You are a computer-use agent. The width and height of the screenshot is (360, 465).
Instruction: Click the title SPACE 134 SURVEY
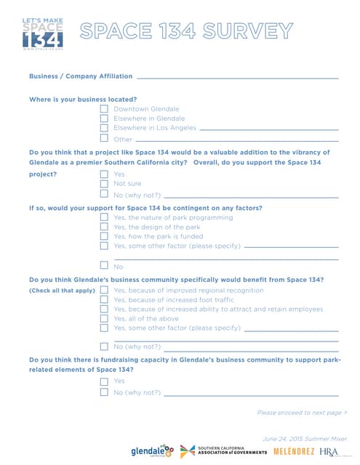(x=186, y=31)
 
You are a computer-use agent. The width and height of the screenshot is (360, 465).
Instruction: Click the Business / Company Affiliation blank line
(x=237, y=77)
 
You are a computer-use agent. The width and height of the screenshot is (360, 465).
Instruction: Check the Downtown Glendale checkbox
(x=104, y=109)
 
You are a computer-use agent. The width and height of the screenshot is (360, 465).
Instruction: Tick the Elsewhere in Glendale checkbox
(x=104, y=118)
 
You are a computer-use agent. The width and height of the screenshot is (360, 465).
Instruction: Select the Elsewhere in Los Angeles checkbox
(x=104, y=128)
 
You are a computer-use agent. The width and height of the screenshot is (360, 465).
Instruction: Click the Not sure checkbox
(x=104, y=184)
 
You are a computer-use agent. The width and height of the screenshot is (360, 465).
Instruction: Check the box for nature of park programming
(x=104, y=217)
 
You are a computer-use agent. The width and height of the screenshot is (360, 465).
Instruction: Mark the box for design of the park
(x=104, y=227)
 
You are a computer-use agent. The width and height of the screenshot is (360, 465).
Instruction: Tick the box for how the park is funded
(x=104, y=236)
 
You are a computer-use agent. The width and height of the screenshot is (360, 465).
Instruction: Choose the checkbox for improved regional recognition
(x=104, y=290)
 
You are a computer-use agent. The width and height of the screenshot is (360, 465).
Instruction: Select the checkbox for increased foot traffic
(x=104, y=299)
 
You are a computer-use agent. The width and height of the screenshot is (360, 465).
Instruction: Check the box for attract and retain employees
(x=104, y=309)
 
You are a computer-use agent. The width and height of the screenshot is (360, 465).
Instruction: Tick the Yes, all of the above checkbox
(x=104, y=318)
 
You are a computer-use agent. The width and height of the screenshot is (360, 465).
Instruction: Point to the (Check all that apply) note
(x=62, y=291)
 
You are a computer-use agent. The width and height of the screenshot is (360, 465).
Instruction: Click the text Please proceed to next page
(x=302, y=413)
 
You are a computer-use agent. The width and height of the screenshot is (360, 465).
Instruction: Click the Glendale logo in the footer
(x=153, y=451)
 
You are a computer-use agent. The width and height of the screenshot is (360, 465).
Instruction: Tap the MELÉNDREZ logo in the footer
(x=294, y=452)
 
